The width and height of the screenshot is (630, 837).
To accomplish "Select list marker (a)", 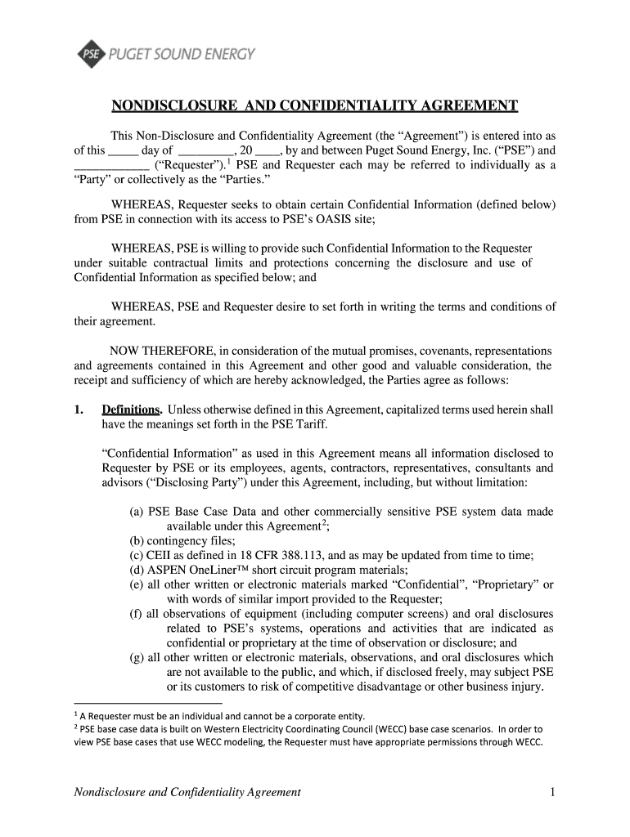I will pyautogui.click(x=137, y=512).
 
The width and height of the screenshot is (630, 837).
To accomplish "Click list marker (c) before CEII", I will pyautogui.click(x=137, y=555).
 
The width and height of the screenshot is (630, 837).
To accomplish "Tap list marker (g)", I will pyautogui.click(x=137, y=658).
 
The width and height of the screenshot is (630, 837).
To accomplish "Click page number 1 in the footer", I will pyautogui.click(x=553, y=792).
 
